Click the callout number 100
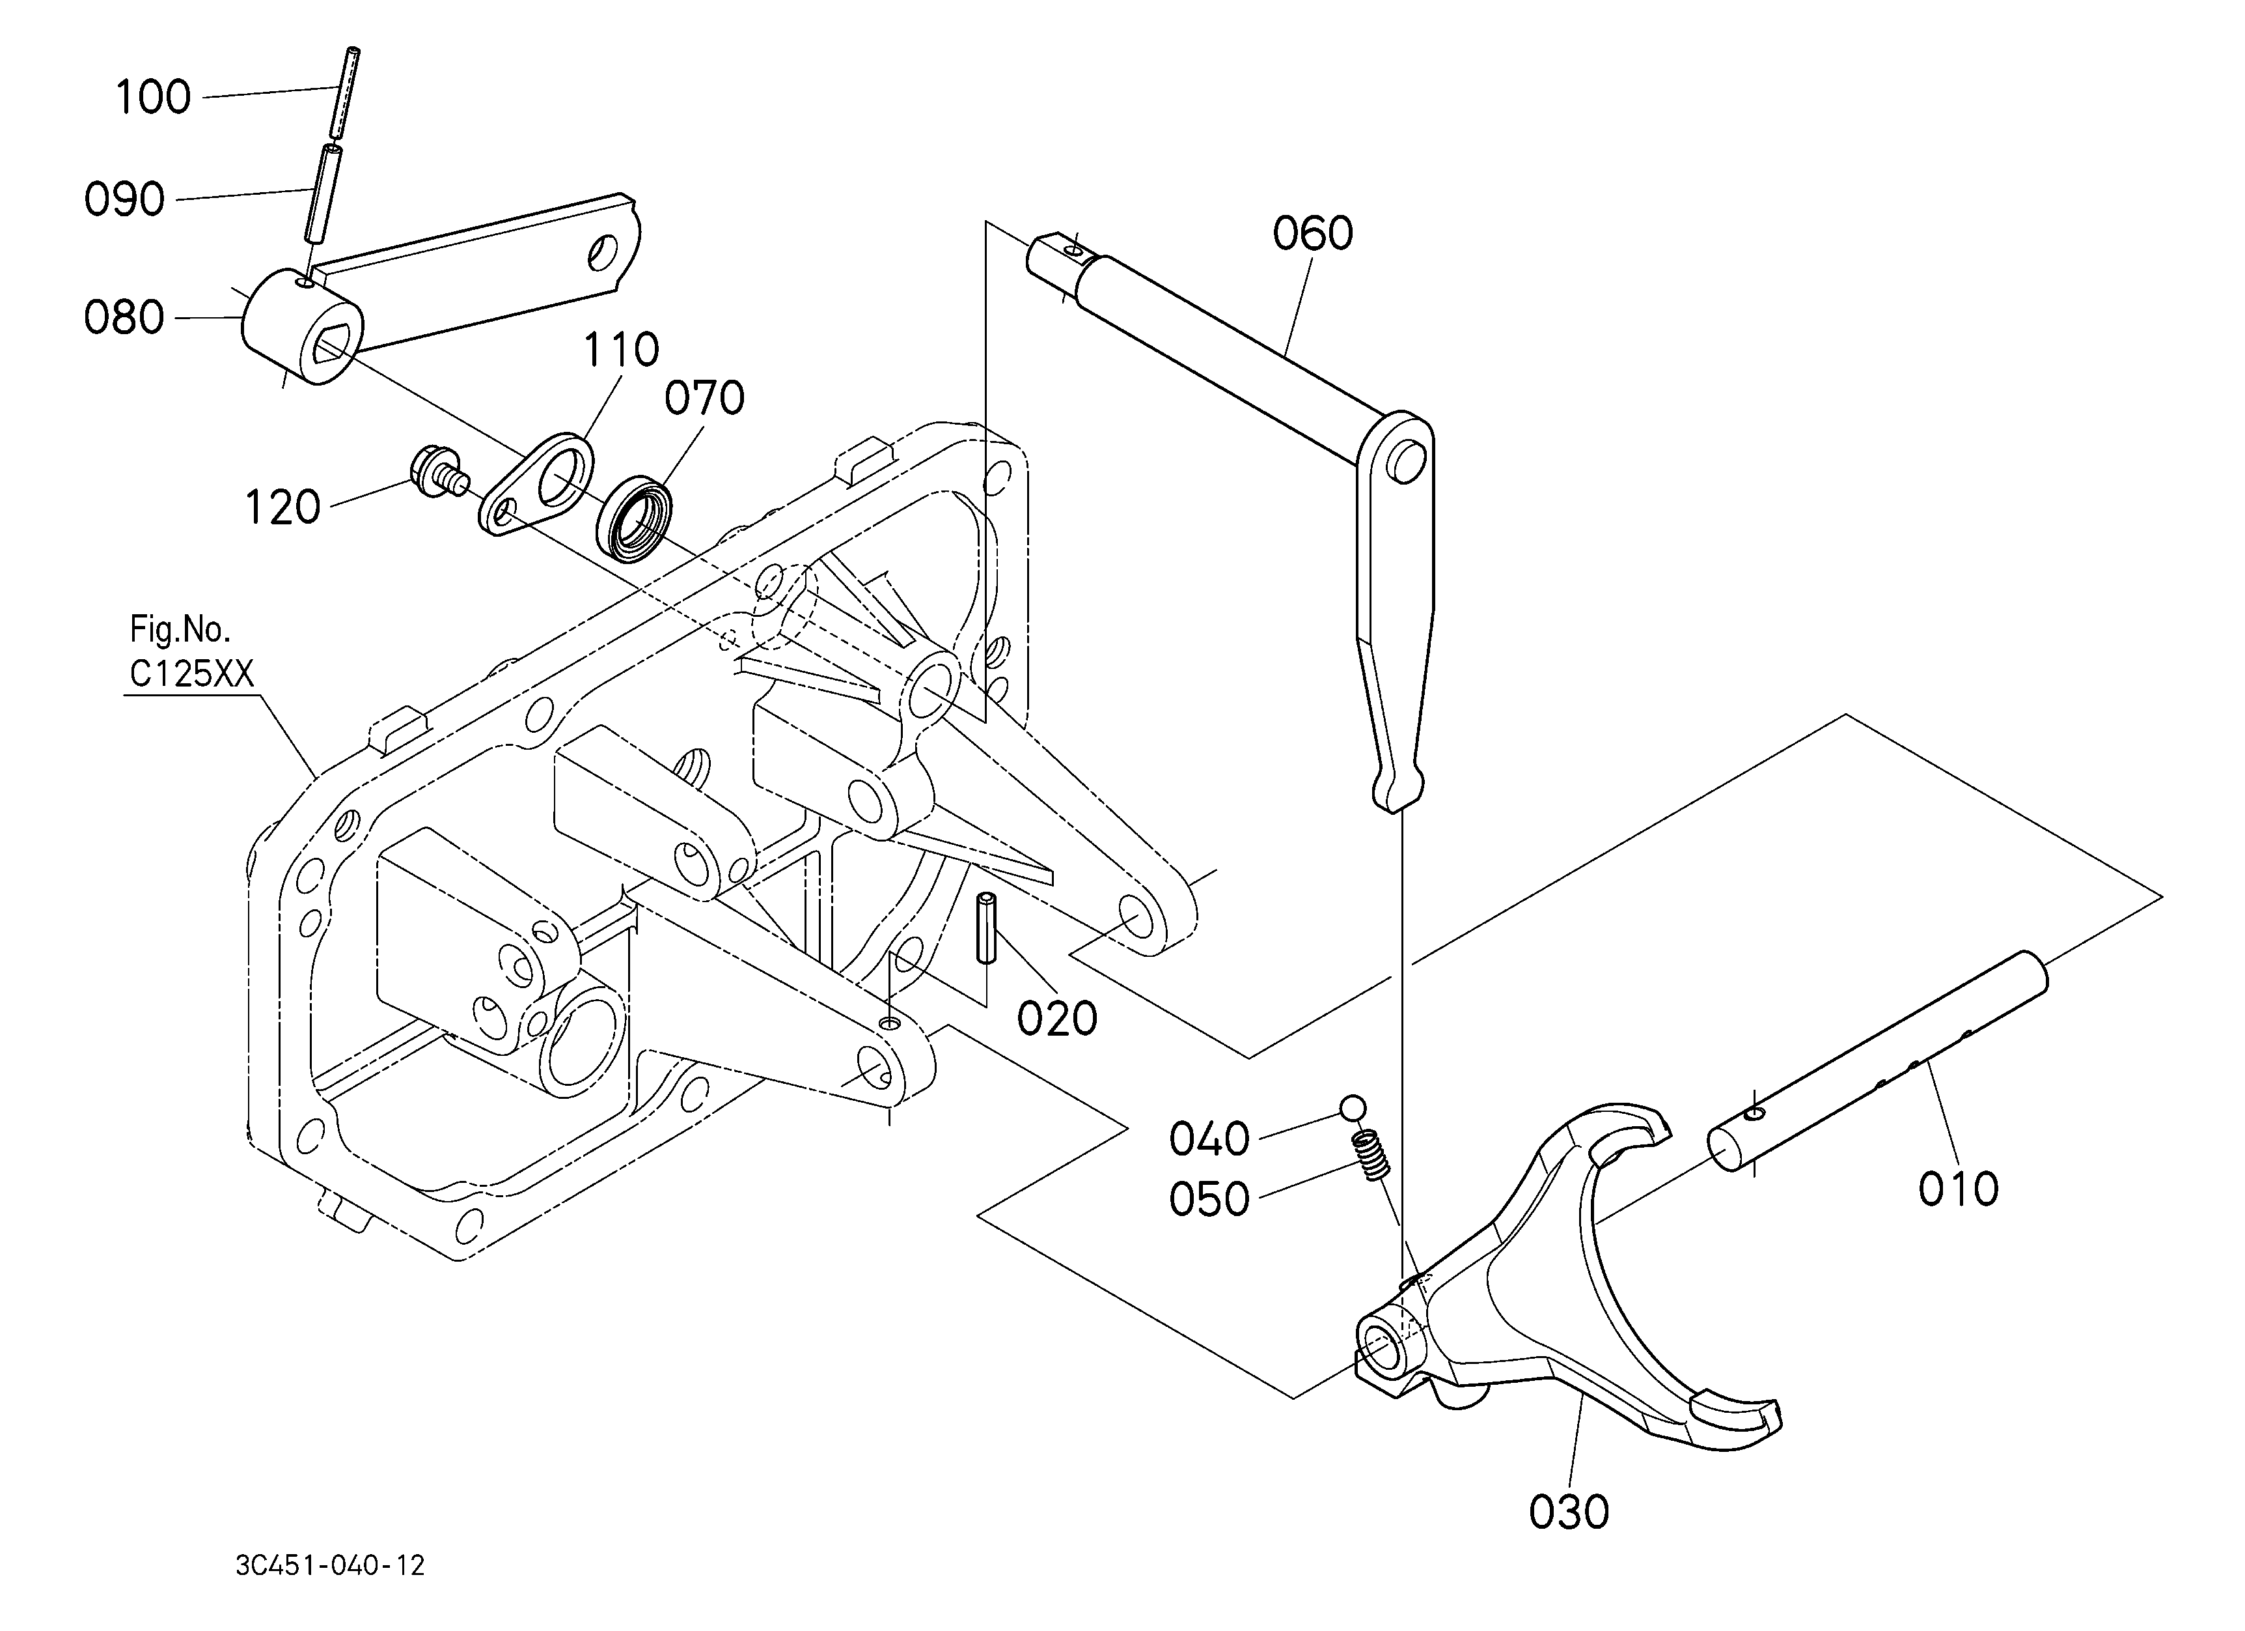(154, 98)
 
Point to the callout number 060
(1312, 234)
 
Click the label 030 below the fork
(1569, 1512)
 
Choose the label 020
(1057, 1018)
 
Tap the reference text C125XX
(192, 674)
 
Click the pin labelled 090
(321, 192)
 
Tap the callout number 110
(620, 350)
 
